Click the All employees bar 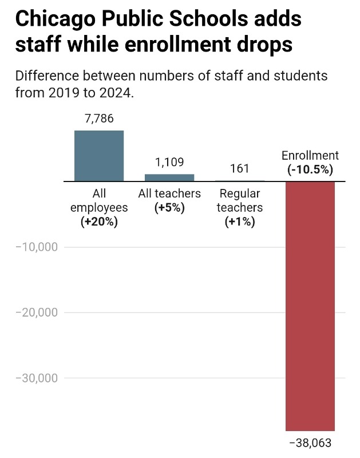pos(98,156)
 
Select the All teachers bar pos(169,177)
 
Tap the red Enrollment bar pos(310,306)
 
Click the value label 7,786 pos(98,119)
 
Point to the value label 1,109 pos(169,163)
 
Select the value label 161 pos(240,169)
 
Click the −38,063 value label pos(310,443)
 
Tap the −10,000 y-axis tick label pos(37,247)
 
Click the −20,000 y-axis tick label pos(37,313)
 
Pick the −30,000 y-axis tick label pos(37,378)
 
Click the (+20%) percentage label pos(99,222)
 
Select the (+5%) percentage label pos(169,208)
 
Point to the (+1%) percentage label pos(240,222)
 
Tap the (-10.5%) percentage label pos(310,170)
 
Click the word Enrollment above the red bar pos(310,156)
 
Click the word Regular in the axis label pos(240,194)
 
